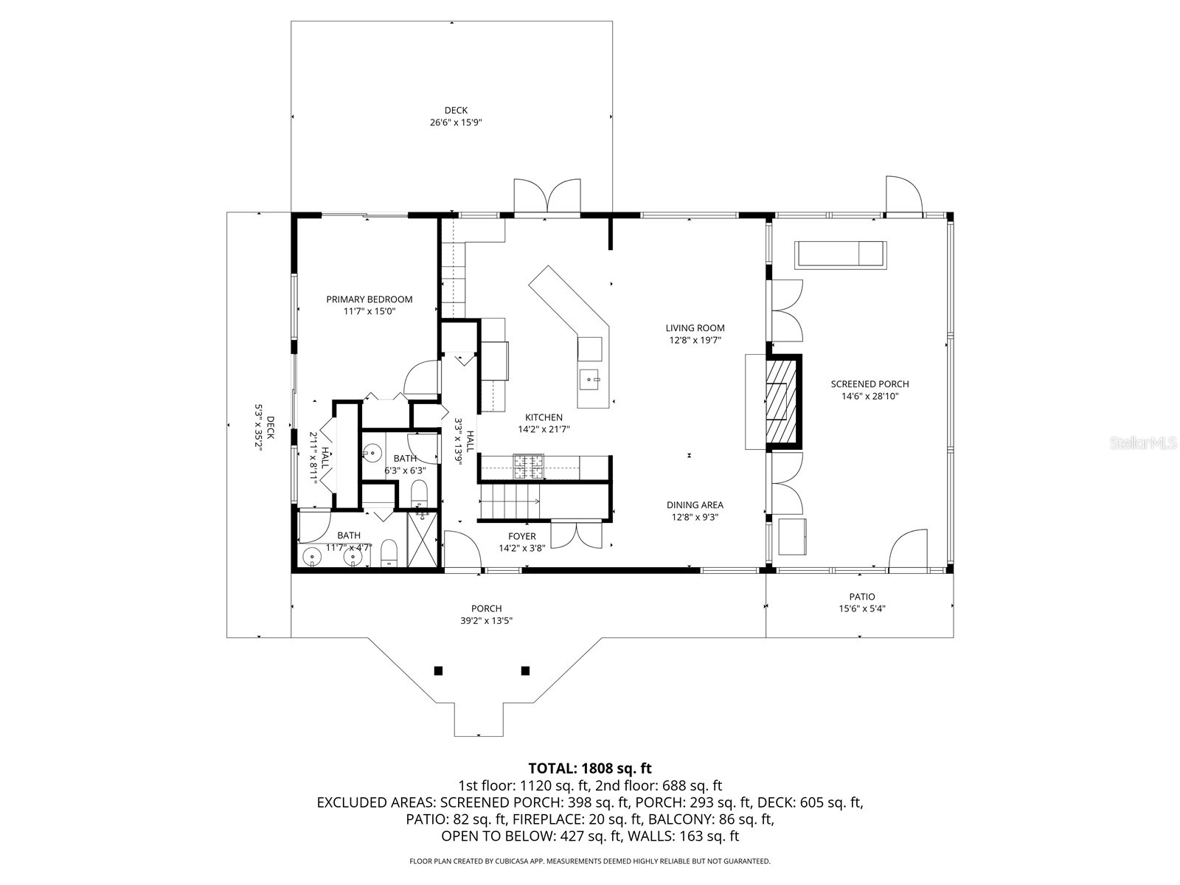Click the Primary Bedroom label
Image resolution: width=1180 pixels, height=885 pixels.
[369, 299]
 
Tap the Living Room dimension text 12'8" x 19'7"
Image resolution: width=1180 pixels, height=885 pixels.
[695, 341]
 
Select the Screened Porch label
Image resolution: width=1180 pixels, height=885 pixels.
[870, 384]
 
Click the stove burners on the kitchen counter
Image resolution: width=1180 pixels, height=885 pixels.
[528, 466]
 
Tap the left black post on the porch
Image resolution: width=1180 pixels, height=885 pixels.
[438, 670]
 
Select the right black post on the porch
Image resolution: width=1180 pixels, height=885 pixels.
[525, 670]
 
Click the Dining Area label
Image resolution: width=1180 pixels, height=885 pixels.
[695, 505]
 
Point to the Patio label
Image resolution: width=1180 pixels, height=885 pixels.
[861, 597]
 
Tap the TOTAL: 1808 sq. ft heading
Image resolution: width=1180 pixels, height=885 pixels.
[590, 768]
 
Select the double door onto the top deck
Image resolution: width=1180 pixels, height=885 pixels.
[546, 197]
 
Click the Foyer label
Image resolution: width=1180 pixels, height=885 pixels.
[522, 536]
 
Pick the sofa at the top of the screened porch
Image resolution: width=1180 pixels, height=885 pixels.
[840, 254]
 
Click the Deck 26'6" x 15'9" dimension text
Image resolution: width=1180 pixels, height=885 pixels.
[456, 123]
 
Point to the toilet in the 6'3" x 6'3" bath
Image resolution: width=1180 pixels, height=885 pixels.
[419, 493]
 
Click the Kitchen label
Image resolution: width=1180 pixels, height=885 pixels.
[544, 417]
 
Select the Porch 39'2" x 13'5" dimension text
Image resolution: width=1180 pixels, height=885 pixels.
[486, 621]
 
